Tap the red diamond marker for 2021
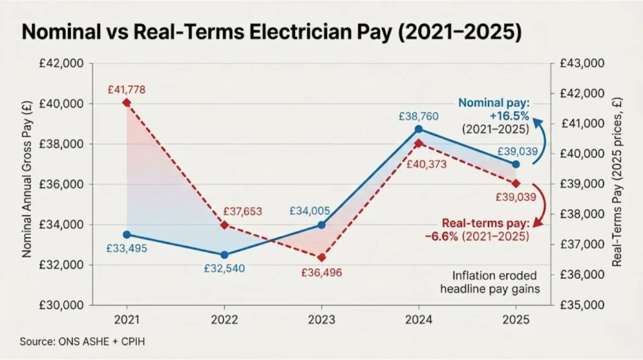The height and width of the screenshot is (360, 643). pyautogui.click(x=126, y=102)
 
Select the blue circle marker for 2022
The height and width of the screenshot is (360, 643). pyautogui.click(x=224, y=254)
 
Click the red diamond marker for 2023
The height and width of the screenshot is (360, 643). pyautogui.click(x=321, y=258)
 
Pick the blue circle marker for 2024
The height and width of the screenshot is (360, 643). pyautogui.click(x=419, y=129)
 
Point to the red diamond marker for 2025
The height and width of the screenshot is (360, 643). pyautogui.click(x=516, y=183)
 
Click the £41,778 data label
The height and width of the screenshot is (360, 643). pyautogui.click(x=126, y=90)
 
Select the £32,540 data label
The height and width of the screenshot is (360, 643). pyautogui.click(x=224, y=268)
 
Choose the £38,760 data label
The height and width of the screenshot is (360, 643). pyautogui.click(x=418, y=116)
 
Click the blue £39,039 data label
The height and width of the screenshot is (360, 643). pyautogui.click(x=517, y=151)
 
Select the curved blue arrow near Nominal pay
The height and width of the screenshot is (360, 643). pyautogui.click(x=541, y=141)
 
